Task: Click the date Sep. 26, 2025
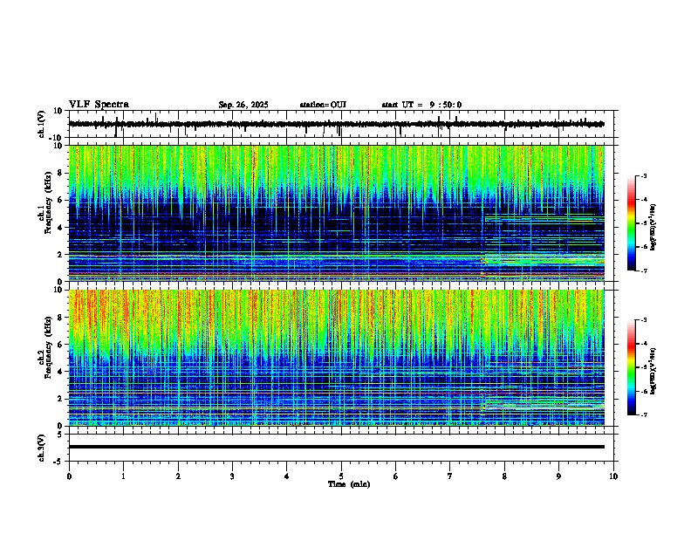coord(243,105)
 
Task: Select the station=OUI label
coord(323,105)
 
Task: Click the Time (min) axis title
coord(348,483)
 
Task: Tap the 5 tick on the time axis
coord(341,476)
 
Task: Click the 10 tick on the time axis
coord(613,476)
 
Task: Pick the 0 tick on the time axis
coord(69,476)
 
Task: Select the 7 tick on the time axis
coord(450,476)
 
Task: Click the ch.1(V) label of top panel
coord(43,125)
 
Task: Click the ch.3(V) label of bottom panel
coord(43,447)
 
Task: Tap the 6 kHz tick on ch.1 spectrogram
coord(62,201)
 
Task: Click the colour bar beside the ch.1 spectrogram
coord(631,224)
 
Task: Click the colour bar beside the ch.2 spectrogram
coord(631,368)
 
